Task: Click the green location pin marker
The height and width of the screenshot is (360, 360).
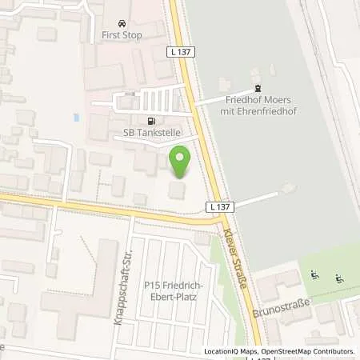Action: pos(180,162)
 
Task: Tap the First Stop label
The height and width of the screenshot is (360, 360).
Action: pos(122,35)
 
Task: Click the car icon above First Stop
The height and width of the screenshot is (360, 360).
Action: pos(122,23)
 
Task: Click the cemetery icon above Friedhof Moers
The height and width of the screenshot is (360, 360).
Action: pos(257,89)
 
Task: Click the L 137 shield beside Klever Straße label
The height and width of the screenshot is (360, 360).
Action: pos(220,206)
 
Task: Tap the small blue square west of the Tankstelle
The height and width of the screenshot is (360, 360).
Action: pos(76,118)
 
